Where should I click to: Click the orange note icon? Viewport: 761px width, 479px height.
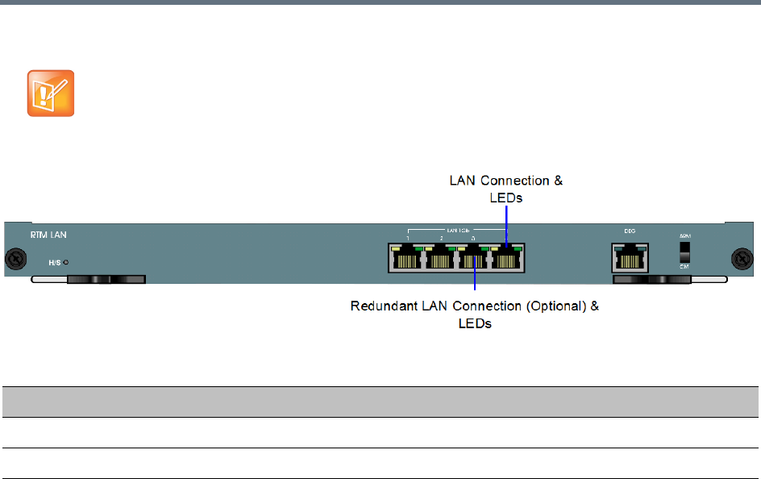[x=51, y=94]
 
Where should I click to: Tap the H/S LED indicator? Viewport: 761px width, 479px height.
[x=65, y=262]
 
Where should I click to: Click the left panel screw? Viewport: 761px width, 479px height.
[x=13, y=260]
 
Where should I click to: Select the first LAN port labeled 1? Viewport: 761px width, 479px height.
[x=407, y=258]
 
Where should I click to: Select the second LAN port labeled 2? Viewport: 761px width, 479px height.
[x=440, y=258]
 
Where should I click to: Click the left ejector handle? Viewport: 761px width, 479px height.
[x=105, y=280]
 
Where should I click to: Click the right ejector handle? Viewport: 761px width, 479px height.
[x=653, y=280]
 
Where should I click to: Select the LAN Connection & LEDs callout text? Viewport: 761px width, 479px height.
[x=505, y=189]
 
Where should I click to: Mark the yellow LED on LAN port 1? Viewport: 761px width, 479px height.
[x=395, y=248]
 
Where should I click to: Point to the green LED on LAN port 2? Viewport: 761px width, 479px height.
[x=451, y=248]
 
